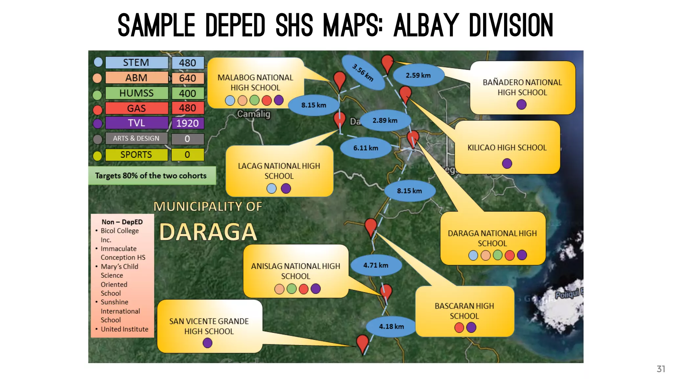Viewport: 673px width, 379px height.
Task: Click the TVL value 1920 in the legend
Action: pyautogui.click(x=187, y=123)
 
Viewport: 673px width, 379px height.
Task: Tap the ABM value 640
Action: pyautogui.click(x=187, y=78)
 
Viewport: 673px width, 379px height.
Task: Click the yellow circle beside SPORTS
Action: pyautogui.click(x=97, y=156)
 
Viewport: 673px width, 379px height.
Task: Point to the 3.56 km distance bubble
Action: pyautogui.click(x=363, y=72)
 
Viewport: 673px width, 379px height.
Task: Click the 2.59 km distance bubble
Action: pyautogui.click(x=418, y=75)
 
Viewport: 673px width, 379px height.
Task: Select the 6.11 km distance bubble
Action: pyautogui.click(x=365, y=148)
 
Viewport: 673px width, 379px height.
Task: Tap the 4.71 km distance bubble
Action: pyautogui.click(x=376, y=265)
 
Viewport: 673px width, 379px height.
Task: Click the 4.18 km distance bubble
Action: pyautogui.click(x=391, y=326)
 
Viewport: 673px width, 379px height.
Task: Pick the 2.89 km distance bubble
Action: pyautogui.click(x=385, y=120)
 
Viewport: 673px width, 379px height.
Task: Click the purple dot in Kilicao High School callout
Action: pyautogui.click(x=507, y=163)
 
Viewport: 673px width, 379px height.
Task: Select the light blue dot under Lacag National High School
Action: pyautogui.click(x=271, y=189)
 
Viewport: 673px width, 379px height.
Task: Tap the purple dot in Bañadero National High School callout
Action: pyautogui.click(x=522, y=105)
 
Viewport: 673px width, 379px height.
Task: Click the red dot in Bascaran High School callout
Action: pyautogui.click(x=459, y=327)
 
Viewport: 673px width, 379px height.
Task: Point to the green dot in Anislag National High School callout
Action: pyautogui.click(x=291, y=289)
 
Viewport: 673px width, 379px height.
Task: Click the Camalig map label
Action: pyautogui.click(x=254, y=114)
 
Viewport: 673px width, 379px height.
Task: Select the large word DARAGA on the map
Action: pyautogui.click(x=208, y=232)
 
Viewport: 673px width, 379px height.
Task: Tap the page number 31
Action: pyautogui.click(x=661, y=369)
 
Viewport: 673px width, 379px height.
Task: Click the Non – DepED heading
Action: pyautogui.click(x=122, y=222)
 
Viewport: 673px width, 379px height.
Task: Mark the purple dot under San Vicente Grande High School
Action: pyautogui.click(x=207, y=343)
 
